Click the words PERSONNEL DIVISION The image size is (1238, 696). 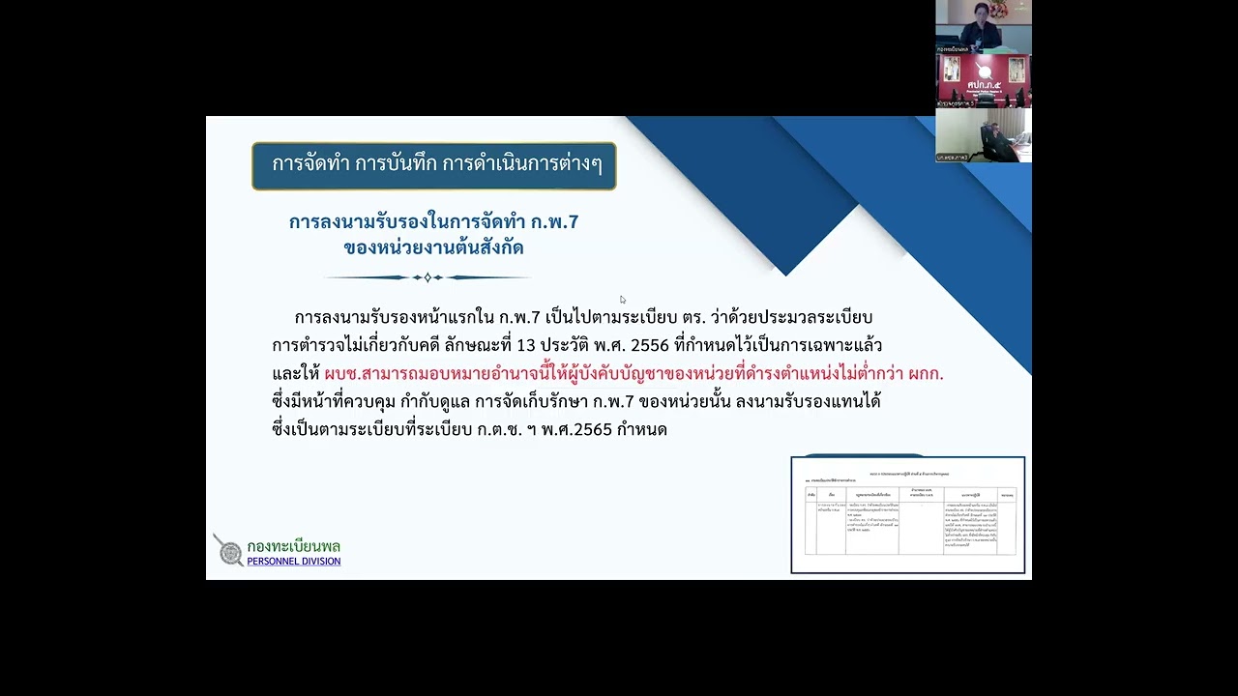[293, 562]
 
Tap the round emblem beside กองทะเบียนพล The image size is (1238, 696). [230, 552]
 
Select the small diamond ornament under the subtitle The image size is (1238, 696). [427, 277]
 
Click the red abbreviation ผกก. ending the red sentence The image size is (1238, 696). [926, 373]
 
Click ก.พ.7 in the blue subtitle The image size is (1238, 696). [555, 222]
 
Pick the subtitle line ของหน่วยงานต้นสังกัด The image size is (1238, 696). [433, 248]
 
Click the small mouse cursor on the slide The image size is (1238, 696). [623, 300]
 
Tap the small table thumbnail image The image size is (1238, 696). [907, 515]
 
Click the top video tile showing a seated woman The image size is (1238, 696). [983, 26]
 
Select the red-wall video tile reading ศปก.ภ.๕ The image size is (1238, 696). [983, 80]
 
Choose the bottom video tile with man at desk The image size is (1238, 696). [983, 134]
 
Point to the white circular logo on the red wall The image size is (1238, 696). [985, 69]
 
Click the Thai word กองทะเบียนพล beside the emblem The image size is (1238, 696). [293, 546]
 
